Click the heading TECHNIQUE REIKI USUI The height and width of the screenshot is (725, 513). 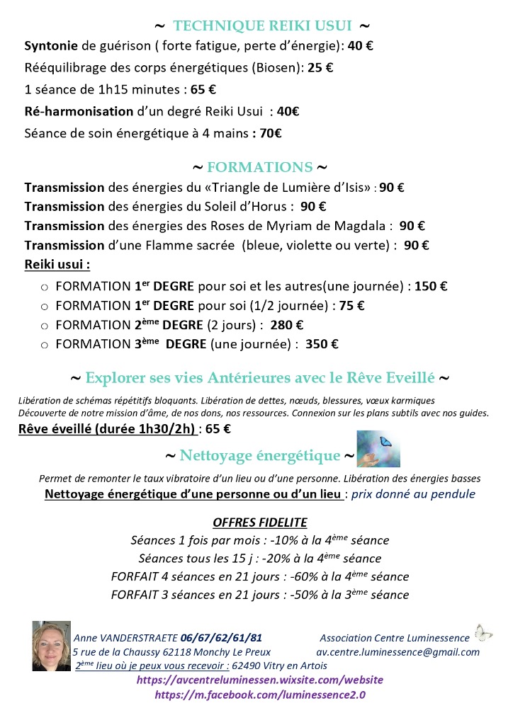262,26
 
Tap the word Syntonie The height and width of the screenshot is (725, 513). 51,46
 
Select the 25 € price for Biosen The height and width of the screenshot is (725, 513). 322,68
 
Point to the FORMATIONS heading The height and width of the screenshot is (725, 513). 259,168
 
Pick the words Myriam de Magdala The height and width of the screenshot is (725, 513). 333,226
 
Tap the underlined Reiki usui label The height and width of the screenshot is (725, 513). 57,265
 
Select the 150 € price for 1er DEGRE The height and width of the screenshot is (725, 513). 431,287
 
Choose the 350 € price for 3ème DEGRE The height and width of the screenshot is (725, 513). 322,344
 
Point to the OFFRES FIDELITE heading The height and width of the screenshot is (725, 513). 260,523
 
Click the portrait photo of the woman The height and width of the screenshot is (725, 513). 51,645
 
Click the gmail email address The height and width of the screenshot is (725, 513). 398,652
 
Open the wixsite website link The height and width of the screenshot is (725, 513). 260,680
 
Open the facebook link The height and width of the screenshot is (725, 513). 260,695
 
